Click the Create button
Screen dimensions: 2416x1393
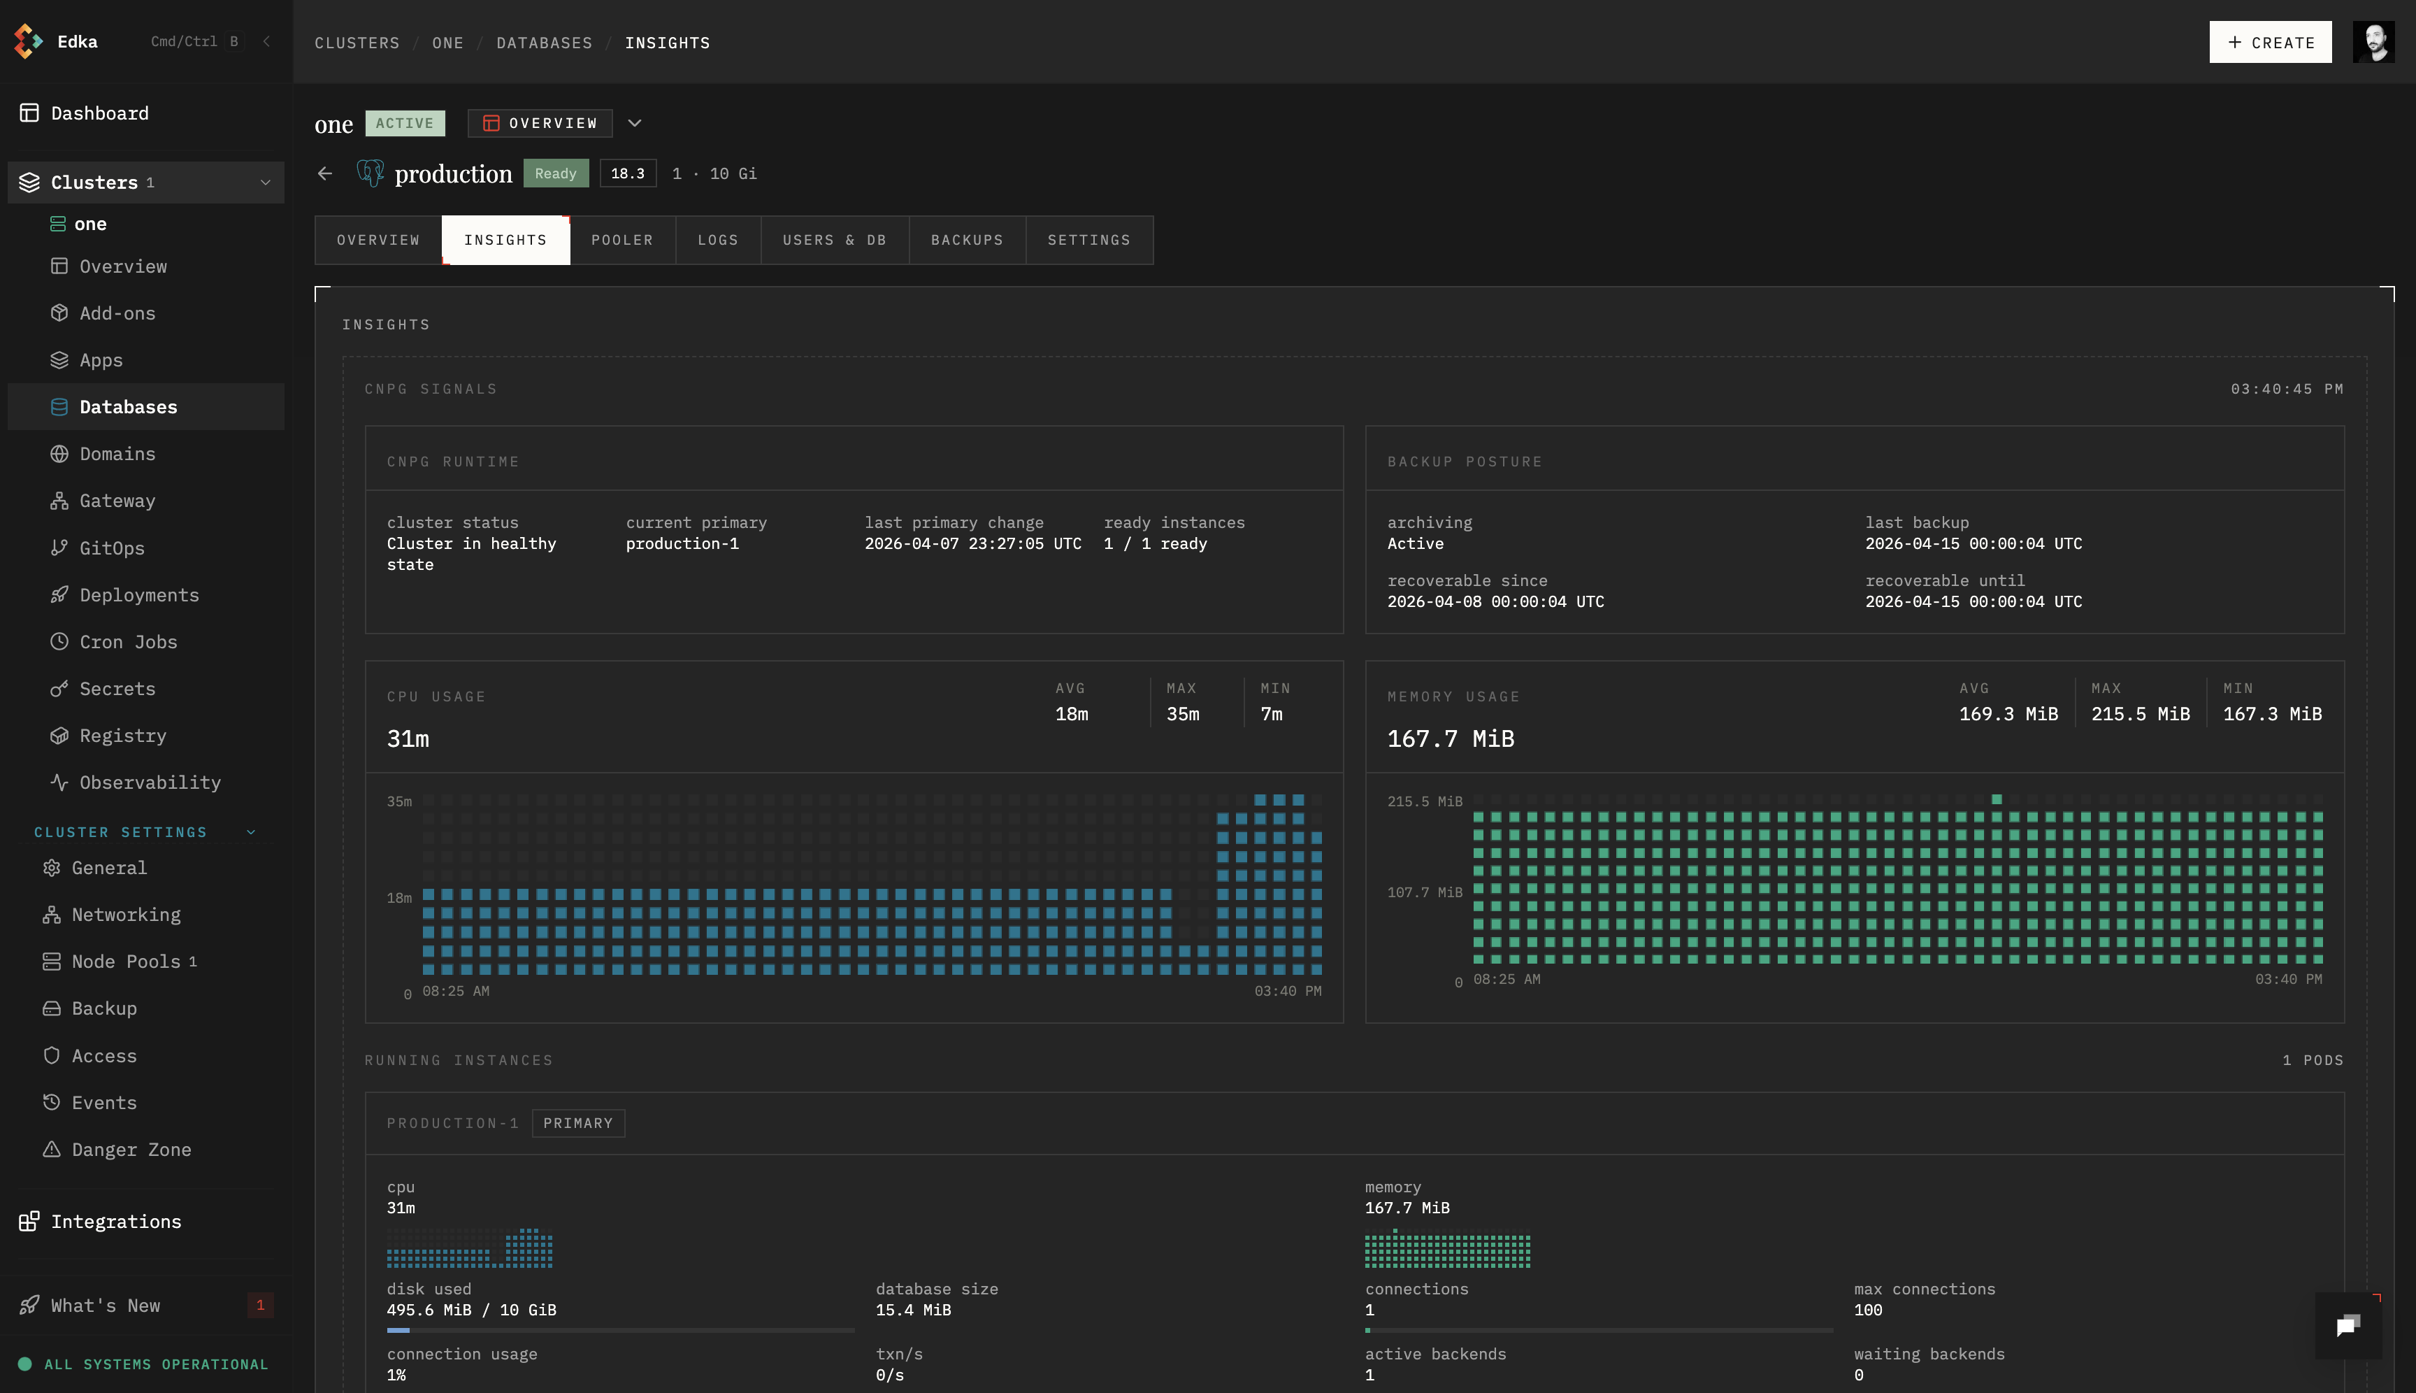point(2270,42)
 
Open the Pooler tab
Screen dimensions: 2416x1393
point(621,240)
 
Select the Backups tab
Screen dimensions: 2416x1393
point(967,240)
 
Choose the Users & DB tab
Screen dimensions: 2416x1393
point(834,240)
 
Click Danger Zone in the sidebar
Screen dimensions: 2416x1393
point(131,1150)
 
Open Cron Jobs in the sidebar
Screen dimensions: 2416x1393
point(128,642)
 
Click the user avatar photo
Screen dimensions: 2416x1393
point(2373,42)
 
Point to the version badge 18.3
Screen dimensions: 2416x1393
point(628,173)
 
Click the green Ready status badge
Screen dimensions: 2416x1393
point(556,173)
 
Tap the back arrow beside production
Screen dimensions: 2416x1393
point(325,173)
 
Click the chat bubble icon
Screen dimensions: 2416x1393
point(2348,1325)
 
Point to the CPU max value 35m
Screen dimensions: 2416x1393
point(1182,714)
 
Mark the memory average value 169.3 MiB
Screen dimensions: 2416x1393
point(2008,714)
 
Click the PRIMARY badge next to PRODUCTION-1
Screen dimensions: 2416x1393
point(577,1123)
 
